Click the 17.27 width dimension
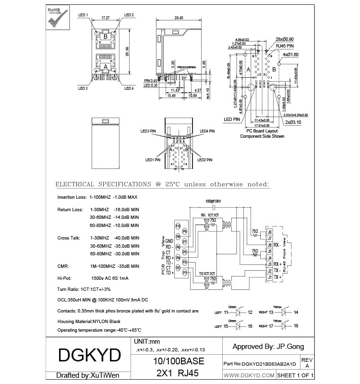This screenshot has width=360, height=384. tap(106, 18)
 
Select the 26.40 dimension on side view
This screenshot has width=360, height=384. tap(179, 18)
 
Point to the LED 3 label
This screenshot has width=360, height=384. tap(83, 88)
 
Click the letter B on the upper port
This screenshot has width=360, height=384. tap(105, 36)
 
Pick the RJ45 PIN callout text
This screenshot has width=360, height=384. tap(284, 46)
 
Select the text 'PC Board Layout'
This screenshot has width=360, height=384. tap(262, 131)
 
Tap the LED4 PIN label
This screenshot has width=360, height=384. tap(207, 131)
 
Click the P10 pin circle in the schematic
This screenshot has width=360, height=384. tap(178, 226)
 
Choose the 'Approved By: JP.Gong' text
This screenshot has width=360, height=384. tap(268, 346)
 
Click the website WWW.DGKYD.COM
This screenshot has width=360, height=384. tap(249, 374)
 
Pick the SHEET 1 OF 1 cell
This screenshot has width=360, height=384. tap(296, 374)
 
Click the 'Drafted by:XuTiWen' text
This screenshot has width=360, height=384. tap(87, 375)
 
